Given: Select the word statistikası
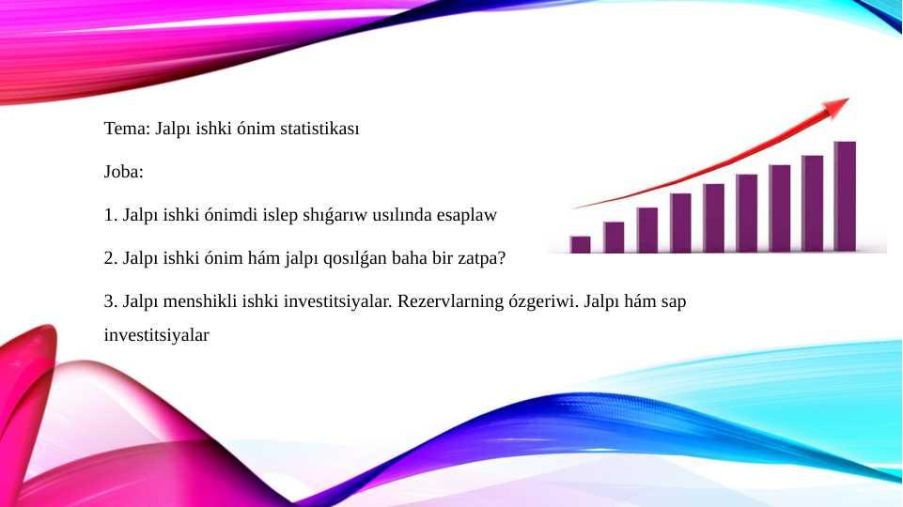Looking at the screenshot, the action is click(319, 129).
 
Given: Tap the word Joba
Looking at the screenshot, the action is click(124, 172).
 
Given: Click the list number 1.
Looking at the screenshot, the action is click(111, 215).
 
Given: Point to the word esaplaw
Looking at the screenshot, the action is click(466, 215).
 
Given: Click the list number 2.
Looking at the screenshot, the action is click(111, 258).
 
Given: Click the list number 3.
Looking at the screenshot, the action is click(111, 301).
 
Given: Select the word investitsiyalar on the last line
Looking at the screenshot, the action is click(157, 335).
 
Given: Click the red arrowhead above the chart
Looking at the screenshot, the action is click(835, 106).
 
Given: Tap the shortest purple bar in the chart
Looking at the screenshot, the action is click(580, 244).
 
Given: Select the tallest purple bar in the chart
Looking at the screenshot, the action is click(845, 196).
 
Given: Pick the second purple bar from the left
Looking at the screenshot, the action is click(614, 238).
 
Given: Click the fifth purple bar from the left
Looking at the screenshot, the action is click(713, 218).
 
